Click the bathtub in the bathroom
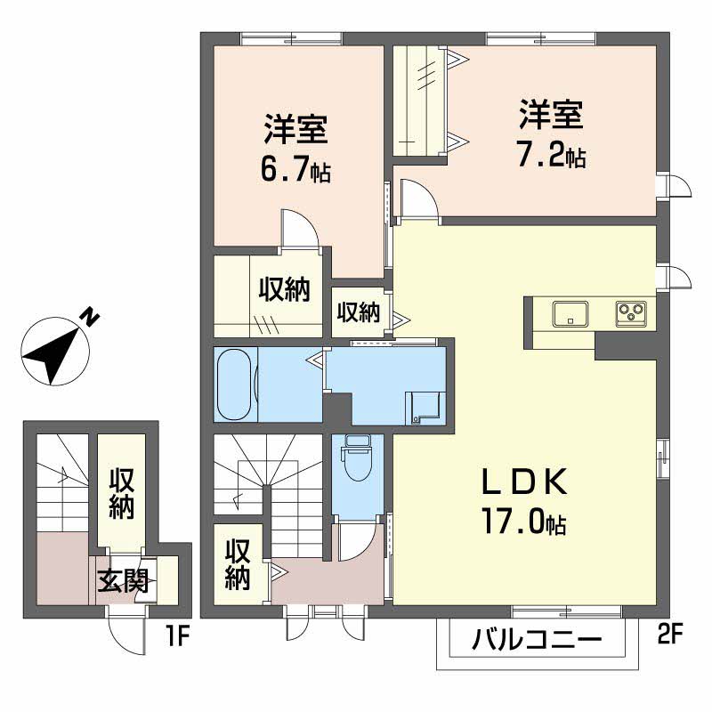235,384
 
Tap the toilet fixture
358,457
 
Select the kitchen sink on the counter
570,314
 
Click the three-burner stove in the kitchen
631,314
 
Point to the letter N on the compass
91,318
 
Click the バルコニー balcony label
537,640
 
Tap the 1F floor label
177,635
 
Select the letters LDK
524,482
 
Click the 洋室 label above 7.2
551,115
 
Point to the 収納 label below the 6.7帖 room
285,289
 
